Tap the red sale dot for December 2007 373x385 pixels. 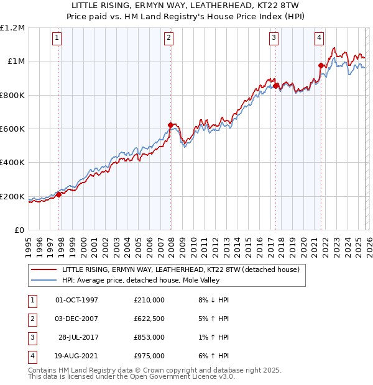tap(170, 125)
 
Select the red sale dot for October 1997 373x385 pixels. tap(59, 194)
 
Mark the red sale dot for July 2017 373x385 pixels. tap(276, 86)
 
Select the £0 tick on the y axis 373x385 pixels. tap(19, 230)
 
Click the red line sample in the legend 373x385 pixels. tap(45, 269)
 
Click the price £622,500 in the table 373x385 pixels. tap(149, 319)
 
